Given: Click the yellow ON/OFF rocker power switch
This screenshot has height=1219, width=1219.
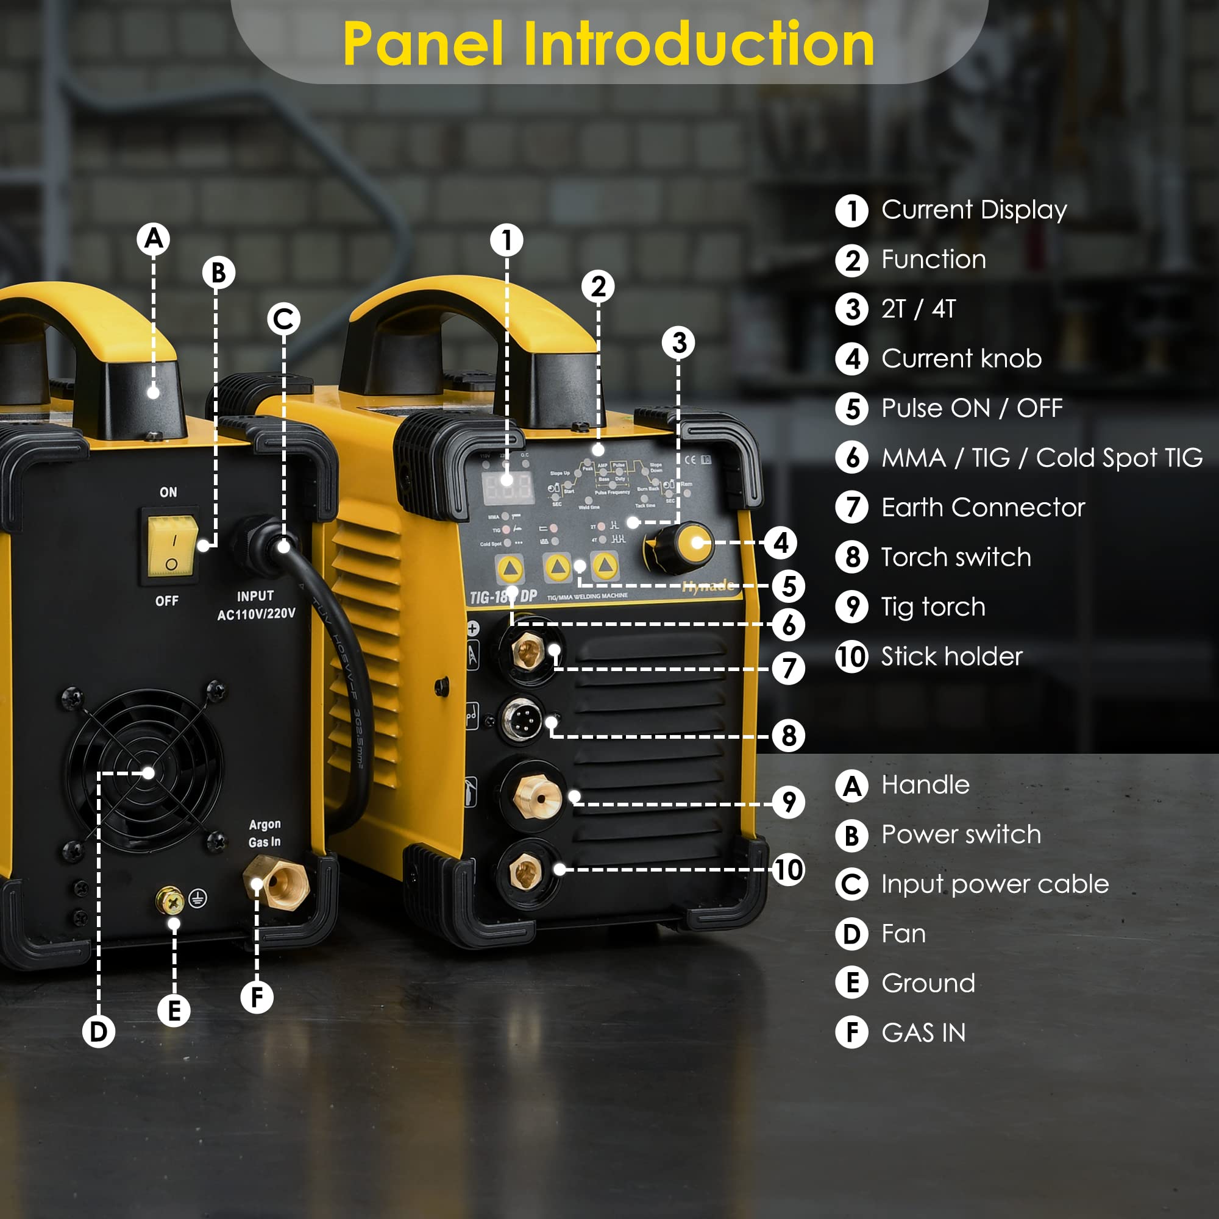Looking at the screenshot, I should [x=171, y=546].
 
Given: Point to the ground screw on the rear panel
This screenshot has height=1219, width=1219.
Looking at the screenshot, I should [x=169, y=901].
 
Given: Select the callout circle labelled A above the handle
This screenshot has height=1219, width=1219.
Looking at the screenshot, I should [x=154, y=239].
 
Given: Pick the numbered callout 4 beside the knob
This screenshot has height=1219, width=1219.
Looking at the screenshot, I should [x=781, y=542].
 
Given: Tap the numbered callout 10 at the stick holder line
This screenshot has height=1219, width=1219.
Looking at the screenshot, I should [x=788, y=870].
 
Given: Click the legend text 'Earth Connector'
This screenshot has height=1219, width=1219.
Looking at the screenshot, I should [x=983, y=508].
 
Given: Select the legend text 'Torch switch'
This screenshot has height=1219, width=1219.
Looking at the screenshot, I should [x=956, y=557].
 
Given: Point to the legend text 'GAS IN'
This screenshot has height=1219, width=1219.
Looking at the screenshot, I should [x=923, y=1033].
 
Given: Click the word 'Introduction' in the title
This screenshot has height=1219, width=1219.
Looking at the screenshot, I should [x=698, y=44].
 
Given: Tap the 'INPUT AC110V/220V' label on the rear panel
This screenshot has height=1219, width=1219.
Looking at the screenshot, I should [x=255, y=605].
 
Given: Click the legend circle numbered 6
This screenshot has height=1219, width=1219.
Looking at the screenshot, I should [x=852, y=458].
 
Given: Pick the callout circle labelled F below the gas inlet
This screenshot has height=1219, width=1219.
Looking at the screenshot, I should [x=257, y=997].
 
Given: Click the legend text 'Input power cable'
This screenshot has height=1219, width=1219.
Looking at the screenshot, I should [x=994, y=884].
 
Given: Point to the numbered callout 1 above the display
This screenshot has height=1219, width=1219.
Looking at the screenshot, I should [x=506, y=240].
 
